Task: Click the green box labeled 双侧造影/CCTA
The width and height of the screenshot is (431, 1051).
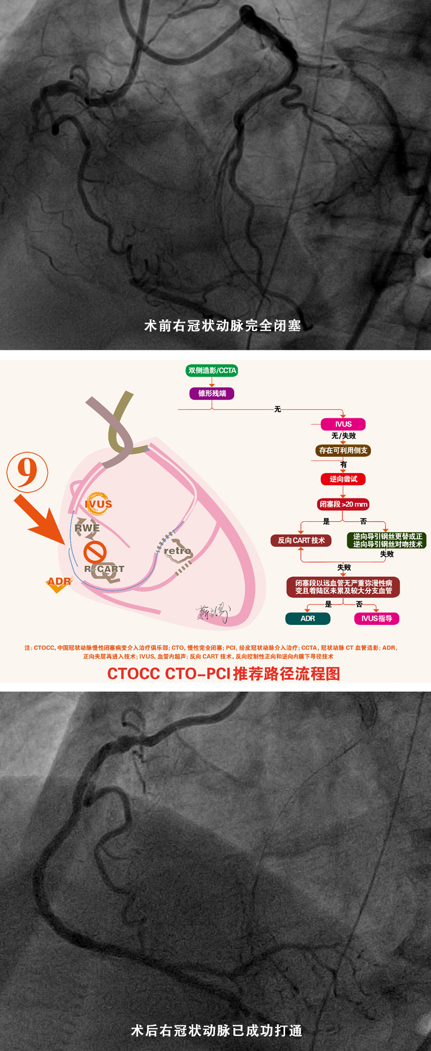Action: click(x=212, y=371)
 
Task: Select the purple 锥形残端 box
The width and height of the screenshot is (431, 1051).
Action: click(x=212, y=393)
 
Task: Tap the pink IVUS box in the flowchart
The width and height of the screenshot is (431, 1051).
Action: click(x=343, y=424)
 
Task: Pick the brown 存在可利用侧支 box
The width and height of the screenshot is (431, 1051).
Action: click(x=343, y=451)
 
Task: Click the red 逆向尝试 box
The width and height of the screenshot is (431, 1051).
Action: click(x=343, y=479)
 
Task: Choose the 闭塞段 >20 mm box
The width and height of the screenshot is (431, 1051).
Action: click(x=343, y=505)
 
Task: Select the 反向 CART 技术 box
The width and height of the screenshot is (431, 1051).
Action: click(x=301, y=540)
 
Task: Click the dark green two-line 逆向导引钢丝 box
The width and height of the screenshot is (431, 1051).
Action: click(x=387, y=540)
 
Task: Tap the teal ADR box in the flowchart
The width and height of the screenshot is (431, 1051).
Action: click(x=307, y=619)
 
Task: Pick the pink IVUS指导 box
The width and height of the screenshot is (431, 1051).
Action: click(x=376, y=619)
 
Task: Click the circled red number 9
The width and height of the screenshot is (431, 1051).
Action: click(x=27, y=472)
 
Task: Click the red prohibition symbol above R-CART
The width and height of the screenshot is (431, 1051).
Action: click(x=95, y=552)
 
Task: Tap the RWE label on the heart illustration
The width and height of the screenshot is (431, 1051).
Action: click(x=87, y=528)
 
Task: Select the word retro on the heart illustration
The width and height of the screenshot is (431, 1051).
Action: click(x=178, y=551)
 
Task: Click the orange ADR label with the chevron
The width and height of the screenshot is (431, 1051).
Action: click(x=59, y=582)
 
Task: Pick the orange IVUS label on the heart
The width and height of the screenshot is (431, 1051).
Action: click(x=99, y=504)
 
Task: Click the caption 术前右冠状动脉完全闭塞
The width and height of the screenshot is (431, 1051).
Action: click(x=222, y=325)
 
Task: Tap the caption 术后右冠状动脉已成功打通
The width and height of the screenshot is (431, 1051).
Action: click(x=217, y=1030)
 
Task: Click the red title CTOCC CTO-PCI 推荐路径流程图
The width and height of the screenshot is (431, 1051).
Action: click(x=223, y=674)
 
